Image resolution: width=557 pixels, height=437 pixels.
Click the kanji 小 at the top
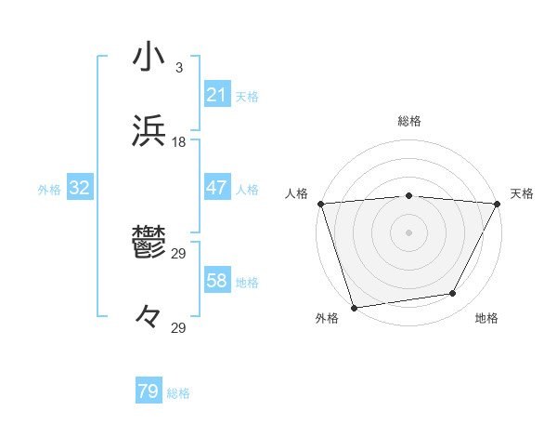[x=148, y=56]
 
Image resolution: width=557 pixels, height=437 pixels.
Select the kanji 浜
[x=148, y=130]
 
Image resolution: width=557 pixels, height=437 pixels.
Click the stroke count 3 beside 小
[x=178, y=67]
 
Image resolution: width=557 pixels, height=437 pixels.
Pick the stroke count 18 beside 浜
[x=179, y=141]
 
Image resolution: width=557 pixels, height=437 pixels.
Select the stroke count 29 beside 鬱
[x=179, y=253]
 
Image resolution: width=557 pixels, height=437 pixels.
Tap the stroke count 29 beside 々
[x=179, y=327]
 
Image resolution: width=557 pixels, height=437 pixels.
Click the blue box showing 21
[x=216, y=95]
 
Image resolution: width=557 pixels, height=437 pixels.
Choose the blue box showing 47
[x=216, y=188]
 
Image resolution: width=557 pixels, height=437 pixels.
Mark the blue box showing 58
[x=216, y=281]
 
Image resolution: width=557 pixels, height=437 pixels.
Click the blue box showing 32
[x=80, y=188]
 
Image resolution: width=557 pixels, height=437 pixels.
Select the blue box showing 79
[x=149, y=391]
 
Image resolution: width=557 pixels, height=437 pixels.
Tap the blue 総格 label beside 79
[x=179, y=393]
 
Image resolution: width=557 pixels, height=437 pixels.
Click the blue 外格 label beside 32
[x=49, y=190]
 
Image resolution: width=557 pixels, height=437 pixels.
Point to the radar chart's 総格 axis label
[x=409, y=121]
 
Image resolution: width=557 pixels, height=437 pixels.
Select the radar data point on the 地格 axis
[x=453, y=294]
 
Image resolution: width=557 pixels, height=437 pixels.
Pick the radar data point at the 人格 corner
[x=320, y=204]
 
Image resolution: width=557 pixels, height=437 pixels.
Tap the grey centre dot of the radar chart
[x=409, y=232]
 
